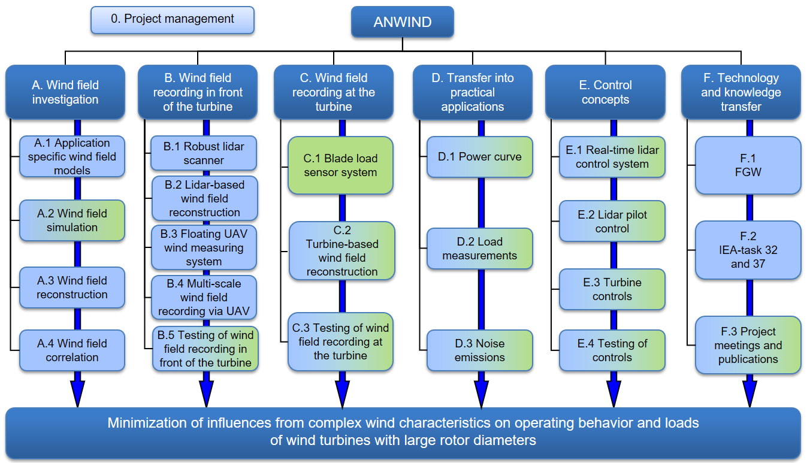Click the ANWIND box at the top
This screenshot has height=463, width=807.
[403, 22]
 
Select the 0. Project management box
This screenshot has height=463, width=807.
[173, 20]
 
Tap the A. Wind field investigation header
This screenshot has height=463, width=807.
[65, 92]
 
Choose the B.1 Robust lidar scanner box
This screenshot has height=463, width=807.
[204, 153]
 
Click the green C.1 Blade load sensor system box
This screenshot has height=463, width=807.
[340, 165]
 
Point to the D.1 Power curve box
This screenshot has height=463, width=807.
[479, 157]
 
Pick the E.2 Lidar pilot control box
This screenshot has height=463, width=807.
[612, 221]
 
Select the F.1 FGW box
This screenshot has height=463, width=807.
[748, 165]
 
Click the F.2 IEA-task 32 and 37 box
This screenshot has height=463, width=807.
[748, 250]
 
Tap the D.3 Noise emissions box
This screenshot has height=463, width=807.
[479, 350]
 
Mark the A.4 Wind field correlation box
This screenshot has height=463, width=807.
[72, 350]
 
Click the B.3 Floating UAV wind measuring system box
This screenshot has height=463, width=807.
[204, 247]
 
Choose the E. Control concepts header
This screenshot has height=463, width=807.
[605, 92]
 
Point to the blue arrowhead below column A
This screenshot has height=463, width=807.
[77, 394]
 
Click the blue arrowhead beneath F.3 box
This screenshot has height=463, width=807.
[749, 394]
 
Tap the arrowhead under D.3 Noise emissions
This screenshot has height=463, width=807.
[481, 394]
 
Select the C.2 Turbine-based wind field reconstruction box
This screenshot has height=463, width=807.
[342, 251]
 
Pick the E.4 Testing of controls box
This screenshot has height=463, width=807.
[612, 350]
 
